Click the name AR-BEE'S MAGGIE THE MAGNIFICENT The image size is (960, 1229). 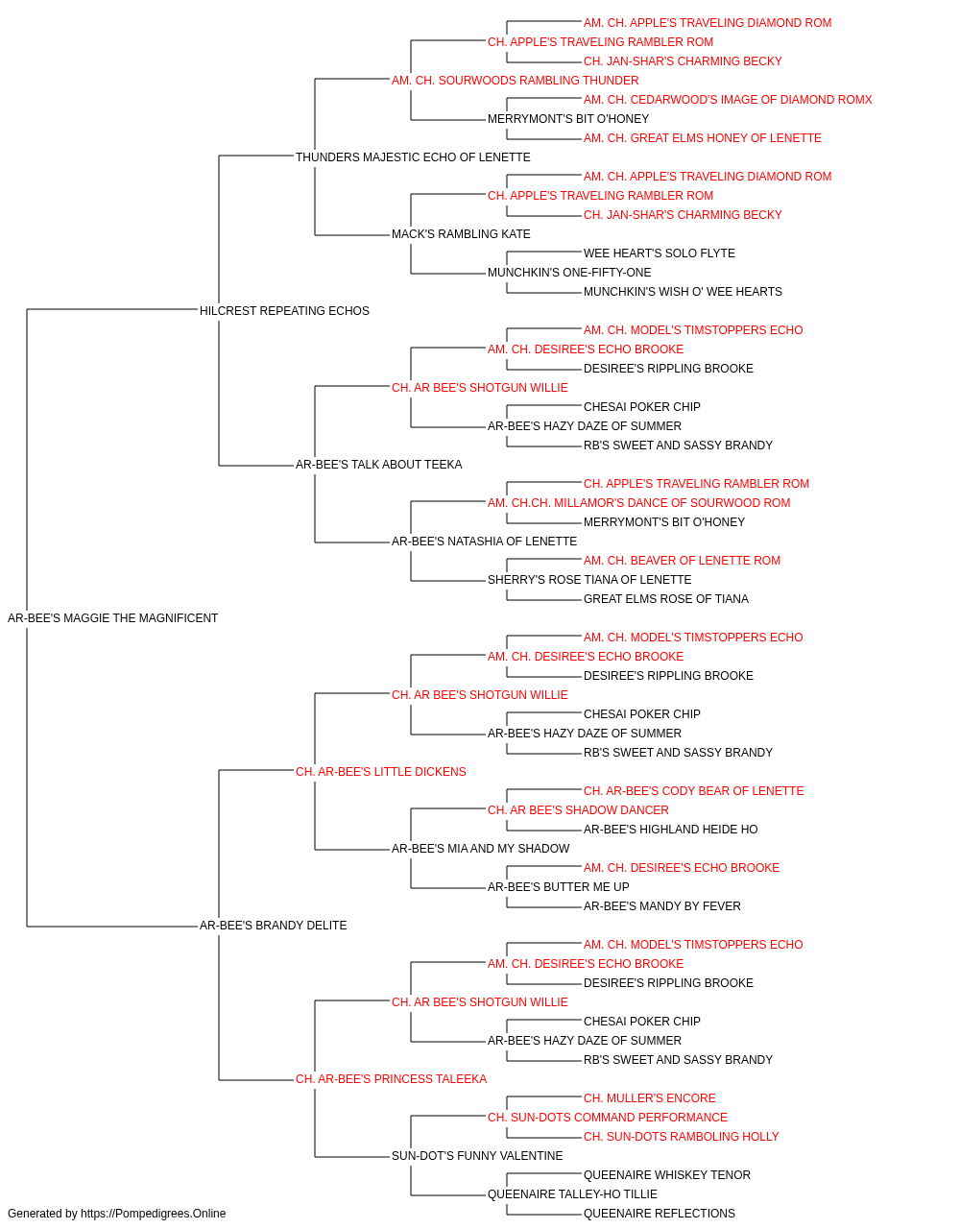pos(112,618)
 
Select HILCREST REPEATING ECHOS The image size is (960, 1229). pos(284,310)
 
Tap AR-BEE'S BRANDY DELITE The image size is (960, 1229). pos(273,926)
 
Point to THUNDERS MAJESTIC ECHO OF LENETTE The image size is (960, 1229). pos(413,157)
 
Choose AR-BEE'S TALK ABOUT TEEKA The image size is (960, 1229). pos(379,465)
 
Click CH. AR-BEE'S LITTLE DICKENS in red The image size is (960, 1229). pos(381,772)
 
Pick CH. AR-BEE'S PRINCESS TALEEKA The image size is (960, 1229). pos(392,1079)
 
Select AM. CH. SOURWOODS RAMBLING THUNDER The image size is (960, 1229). pos(516,81)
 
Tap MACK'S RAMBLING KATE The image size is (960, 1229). pos(461,234)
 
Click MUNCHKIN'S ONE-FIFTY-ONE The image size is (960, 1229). pos(569,273)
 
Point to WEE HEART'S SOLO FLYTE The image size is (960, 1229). pos(660,253)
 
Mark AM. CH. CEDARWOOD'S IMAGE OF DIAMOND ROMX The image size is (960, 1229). pos(728,100)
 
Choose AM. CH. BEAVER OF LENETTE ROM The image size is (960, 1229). pos(682,561)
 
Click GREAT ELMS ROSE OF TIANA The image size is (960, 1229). pos(666,599)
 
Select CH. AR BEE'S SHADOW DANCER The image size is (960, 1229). pos(578,810)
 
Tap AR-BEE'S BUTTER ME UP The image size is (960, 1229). pos(559,887)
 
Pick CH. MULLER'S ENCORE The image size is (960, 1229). pos(650,1098)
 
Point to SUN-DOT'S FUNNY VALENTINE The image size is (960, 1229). pos(477,1156)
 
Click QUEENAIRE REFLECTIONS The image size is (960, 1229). pos(660,1214)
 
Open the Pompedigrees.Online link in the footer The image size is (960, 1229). pos(153,1214)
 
